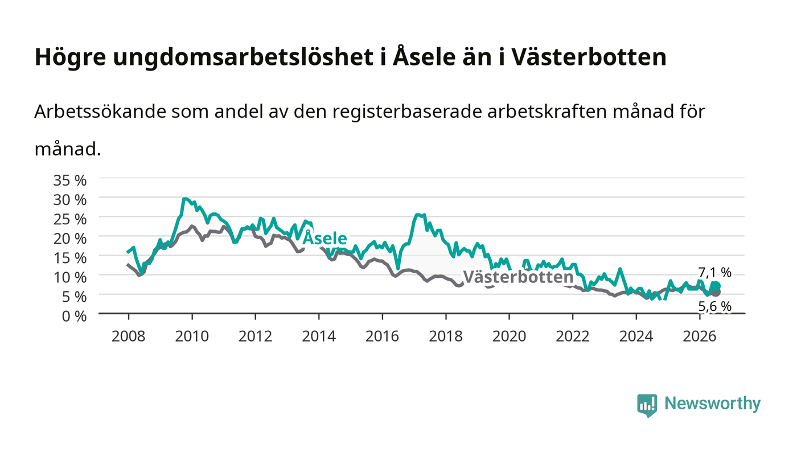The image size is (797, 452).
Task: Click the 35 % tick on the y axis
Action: pos(69,180)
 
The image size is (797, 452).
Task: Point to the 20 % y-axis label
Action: pos(69,239)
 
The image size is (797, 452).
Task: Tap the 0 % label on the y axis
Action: pos(74,316)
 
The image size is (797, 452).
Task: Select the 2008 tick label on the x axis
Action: pos(129,336)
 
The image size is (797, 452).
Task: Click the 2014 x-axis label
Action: pos(319,336)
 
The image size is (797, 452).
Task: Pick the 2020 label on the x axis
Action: pos(509,336)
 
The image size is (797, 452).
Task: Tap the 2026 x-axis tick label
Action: pos(700,336)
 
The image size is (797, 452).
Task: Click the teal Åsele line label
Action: pos(324,238)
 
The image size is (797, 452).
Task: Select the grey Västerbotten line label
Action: pos(519,277)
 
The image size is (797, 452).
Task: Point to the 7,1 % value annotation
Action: pos(715,273)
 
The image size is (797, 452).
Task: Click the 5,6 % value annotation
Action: pos(715,306)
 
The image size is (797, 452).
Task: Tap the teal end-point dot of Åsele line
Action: pos(716,286)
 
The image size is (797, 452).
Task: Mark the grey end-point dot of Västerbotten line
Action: pos(716,293)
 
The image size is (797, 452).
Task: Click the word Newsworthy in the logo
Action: pos(712,404)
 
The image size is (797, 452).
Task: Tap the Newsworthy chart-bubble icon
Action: pos(647,405)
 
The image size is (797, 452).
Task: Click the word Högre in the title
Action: pos(70,57)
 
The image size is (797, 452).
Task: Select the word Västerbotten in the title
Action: pos(589,56)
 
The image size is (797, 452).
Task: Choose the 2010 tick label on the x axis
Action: pos(192,336)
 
